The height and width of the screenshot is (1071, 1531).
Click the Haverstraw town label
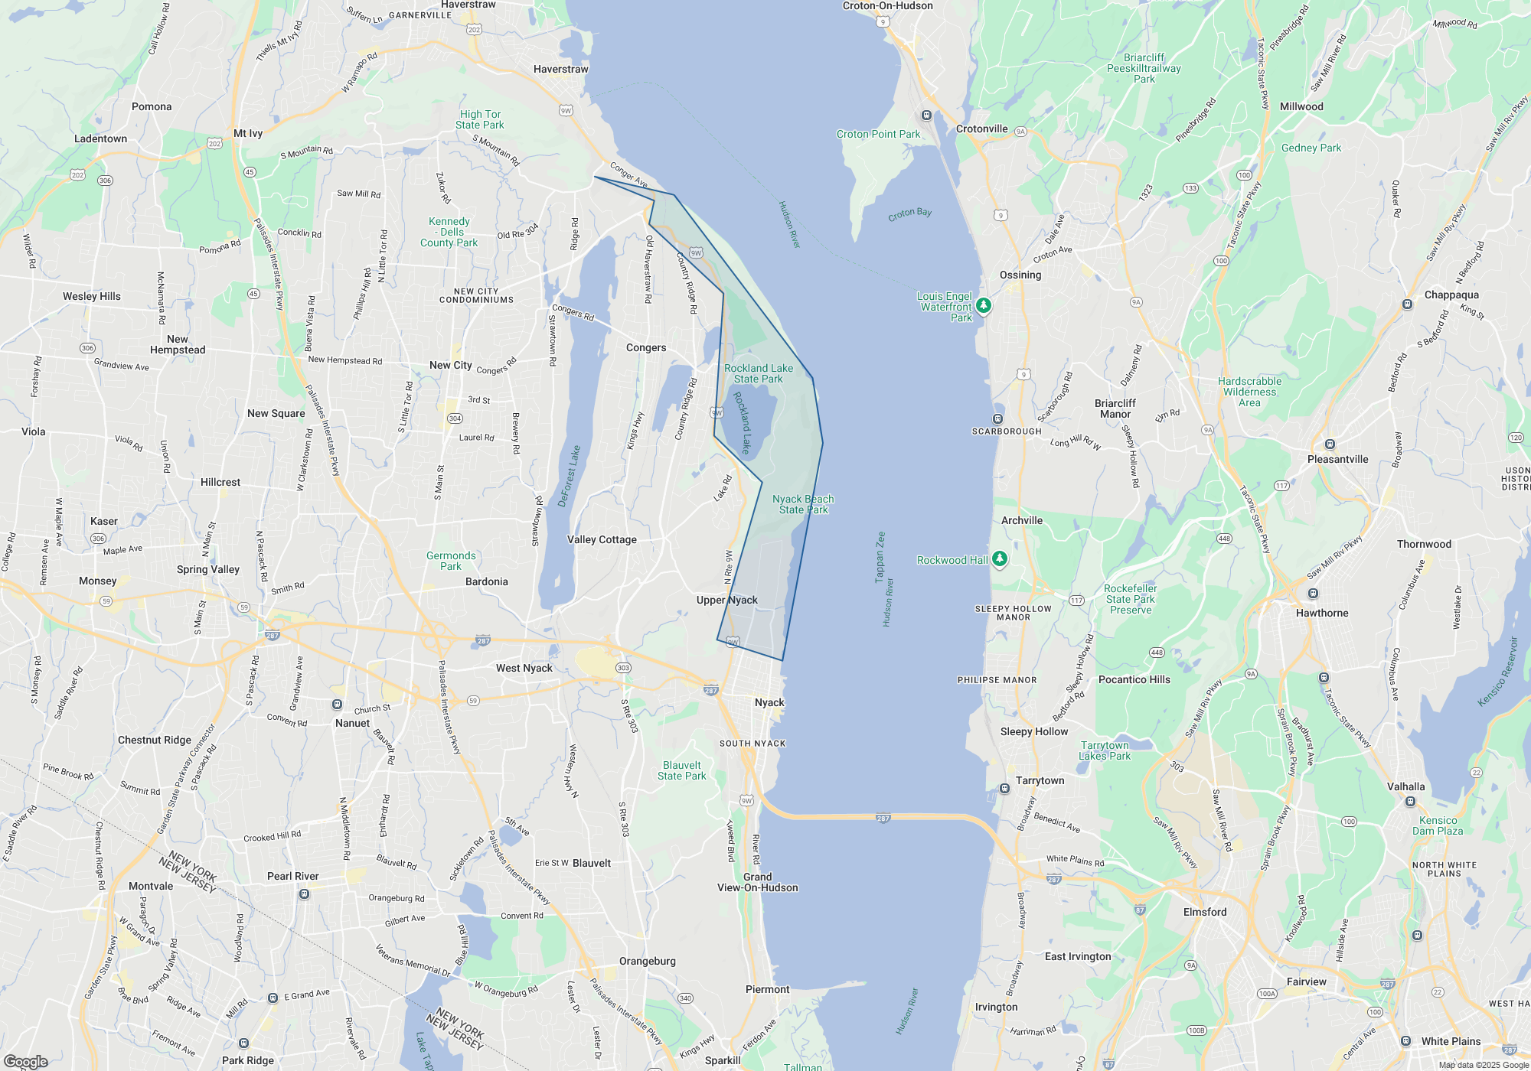(560, 69)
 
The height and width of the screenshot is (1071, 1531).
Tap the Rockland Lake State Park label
(759, 373)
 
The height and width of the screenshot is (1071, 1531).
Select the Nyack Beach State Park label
(803, 504)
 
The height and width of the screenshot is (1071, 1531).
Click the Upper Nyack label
(726, 600)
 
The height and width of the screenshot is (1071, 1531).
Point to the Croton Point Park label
(878, 134)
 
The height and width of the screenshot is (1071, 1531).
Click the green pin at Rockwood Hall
(999, 559)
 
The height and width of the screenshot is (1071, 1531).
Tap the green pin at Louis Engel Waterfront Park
(984, 305)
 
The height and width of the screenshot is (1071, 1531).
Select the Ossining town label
(1020, 275)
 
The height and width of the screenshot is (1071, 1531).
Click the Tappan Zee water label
(880, 557)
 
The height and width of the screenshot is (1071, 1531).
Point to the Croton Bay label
(909, 213)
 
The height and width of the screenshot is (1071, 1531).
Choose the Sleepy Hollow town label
(1033, 731)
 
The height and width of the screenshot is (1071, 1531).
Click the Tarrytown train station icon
(1004, 788)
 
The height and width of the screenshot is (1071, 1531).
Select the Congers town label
(646, 347)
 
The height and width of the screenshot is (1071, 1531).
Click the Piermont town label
(767, 989)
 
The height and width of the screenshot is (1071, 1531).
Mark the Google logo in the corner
(26, 1061)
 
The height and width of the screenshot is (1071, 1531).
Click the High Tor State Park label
(480, 119)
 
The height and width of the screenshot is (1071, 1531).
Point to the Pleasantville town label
(1337, 459)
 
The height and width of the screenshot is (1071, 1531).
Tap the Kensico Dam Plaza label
(1437, 825)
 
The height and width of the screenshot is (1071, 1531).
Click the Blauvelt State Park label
(681, 770)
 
